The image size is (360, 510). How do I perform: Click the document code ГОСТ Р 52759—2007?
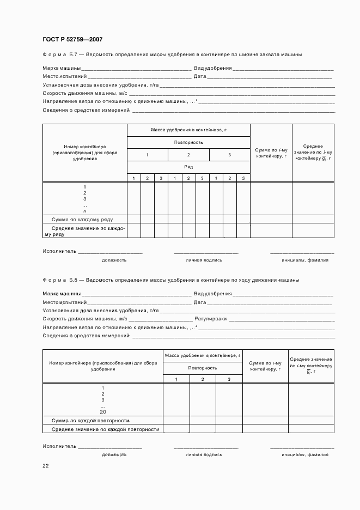72,40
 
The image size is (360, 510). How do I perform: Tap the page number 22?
46,465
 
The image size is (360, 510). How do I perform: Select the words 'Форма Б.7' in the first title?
60,54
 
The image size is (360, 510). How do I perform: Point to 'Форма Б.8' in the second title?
60,280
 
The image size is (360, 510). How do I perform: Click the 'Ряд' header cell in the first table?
188,167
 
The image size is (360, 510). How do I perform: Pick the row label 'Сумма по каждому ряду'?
82,219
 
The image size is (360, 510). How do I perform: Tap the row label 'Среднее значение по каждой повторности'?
105,429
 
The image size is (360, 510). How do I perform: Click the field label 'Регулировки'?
210,319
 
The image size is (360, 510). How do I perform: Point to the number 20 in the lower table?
102,412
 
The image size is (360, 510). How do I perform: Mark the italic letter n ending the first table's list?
84,210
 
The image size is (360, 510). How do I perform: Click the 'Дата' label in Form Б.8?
200,302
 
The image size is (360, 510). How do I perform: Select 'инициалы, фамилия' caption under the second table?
305,454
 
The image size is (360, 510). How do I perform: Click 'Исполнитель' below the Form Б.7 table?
59,252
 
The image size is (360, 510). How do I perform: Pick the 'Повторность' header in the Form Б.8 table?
203,368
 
